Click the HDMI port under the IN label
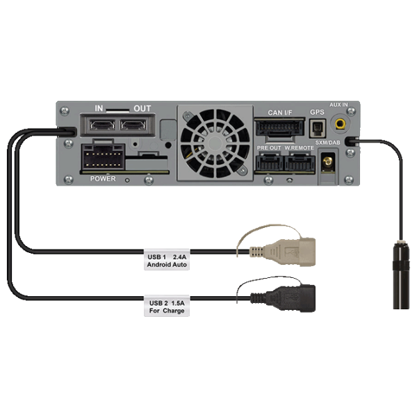102,124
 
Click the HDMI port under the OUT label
133,124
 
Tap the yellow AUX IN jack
340,124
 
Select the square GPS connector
318,129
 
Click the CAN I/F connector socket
279,128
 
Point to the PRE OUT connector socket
269,162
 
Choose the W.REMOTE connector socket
300,162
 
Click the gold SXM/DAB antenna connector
328,162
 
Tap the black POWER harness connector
103,157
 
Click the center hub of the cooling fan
215,144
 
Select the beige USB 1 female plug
283,252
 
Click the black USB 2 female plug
283,298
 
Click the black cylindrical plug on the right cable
401,275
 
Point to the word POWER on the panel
103,179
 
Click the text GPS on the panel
317,112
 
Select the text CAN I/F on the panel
280,113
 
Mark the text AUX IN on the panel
338,105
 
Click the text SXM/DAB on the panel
327,142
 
